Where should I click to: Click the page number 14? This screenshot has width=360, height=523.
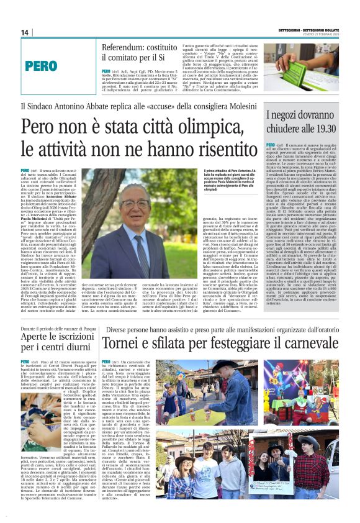point(25,33)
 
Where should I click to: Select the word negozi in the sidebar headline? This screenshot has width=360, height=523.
point(290,116)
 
